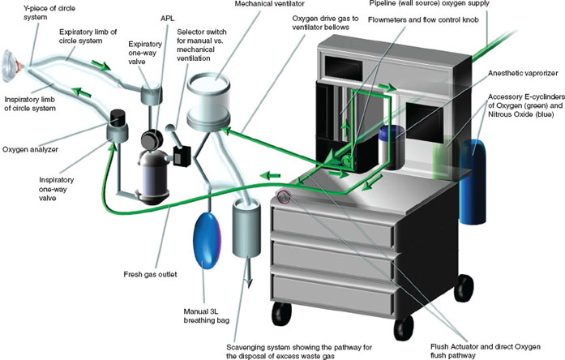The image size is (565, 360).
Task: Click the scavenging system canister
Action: (248, 231)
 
